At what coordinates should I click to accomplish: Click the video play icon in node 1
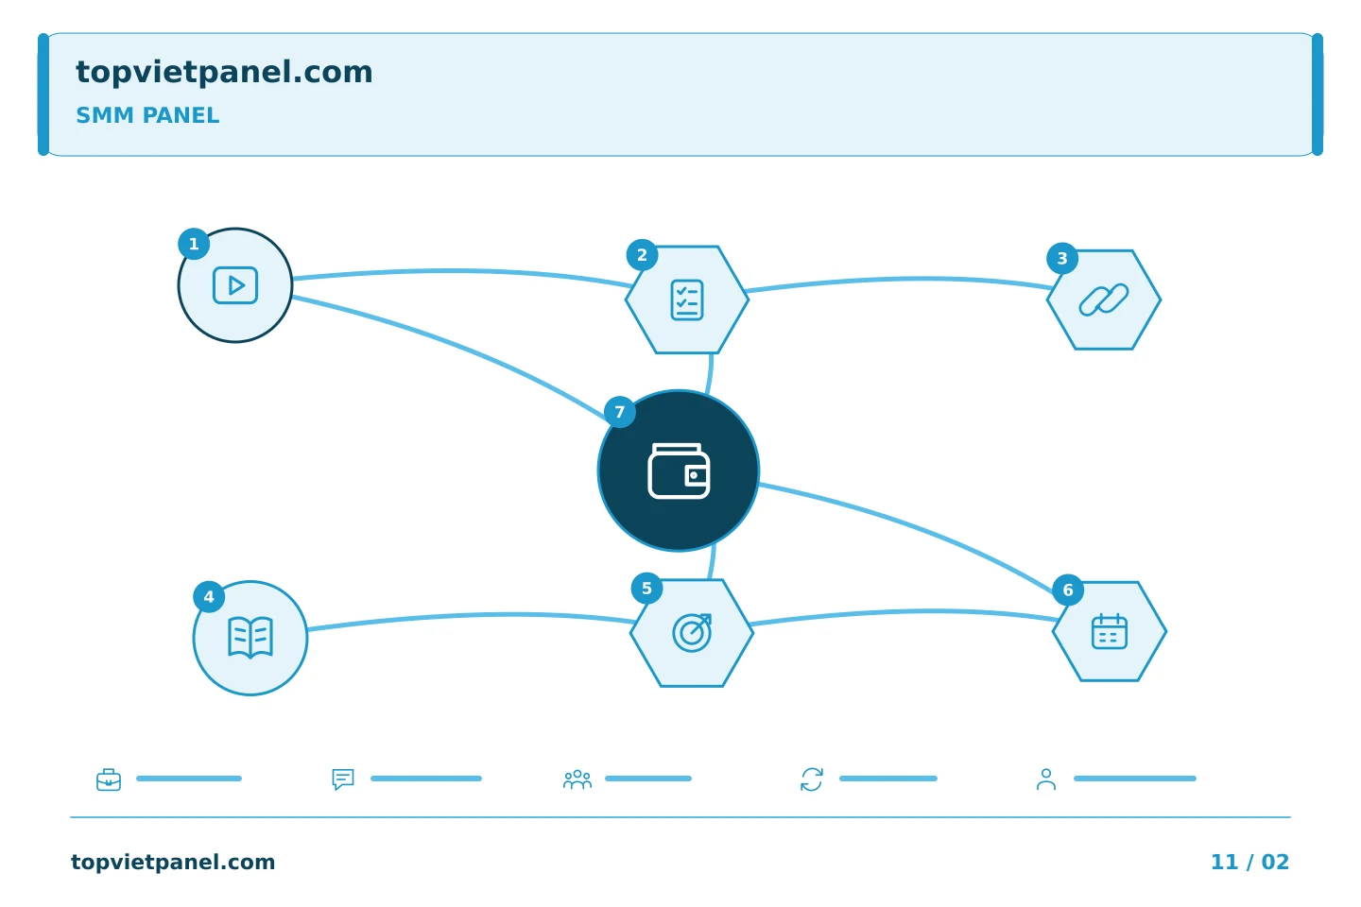235,285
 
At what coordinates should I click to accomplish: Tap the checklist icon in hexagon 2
686,299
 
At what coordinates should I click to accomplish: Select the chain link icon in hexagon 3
1103,299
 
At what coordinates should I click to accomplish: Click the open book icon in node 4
250,638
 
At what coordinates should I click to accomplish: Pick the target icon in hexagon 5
692,632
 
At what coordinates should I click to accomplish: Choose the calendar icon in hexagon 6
1110,631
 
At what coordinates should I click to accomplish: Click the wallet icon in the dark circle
679,471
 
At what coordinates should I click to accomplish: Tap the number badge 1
194,244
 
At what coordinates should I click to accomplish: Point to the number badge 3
1062,258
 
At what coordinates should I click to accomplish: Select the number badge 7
620,412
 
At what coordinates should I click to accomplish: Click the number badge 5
646,588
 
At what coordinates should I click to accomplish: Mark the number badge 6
1068,590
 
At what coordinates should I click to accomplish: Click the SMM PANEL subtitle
147,115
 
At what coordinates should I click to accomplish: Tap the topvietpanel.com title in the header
224,72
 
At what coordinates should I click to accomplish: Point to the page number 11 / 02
1249,862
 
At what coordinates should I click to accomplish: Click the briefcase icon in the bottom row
109,779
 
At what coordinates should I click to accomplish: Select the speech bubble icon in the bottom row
343,779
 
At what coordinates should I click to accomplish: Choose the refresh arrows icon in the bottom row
812,779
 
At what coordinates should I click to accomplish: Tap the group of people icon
577,779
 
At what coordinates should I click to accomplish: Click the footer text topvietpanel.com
173,862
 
